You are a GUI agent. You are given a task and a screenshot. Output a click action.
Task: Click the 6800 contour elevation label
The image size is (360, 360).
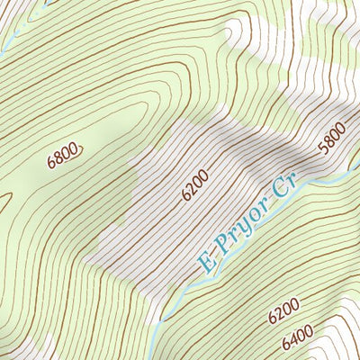click(x=63, y=158)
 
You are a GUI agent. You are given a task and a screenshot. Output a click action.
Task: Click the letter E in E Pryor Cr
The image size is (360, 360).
click(x=208, y=264)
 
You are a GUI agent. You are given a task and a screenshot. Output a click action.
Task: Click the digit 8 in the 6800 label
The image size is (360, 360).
click(x=59, y=160)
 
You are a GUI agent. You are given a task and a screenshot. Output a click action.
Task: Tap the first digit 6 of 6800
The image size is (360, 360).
click(x=51, y=165)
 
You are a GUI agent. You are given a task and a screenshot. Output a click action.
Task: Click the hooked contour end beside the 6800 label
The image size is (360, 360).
click(x=81, y=147)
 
